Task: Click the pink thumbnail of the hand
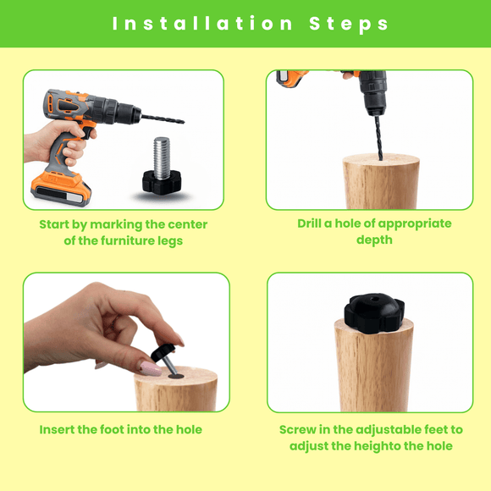point(150,369)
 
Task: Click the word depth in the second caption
point(374,240)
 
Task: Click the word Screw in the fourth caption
point(298,429)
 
